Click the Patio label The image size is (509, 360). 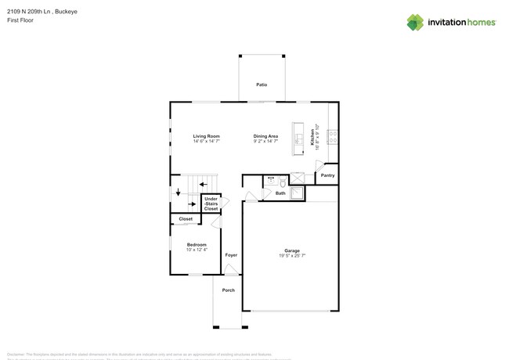262,84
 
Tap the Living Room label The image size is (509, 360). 207,136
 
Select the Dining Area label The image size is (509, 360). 265,136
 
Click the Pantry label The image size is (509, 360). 327,175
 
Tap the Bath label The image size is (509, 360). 280,193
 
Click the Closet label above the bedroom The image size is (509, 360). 186,219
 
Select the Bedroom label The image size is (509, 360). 196,245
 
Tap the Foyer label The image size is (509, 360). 231,255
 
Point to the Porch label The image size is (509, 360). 228,290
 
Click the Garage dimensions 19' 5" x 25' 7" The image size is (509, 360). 292,256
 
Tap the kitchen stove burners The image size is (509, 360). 333,137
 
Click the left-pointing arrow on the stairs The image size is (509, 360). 204,185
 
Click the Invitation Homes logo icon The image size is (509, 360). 414,22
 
